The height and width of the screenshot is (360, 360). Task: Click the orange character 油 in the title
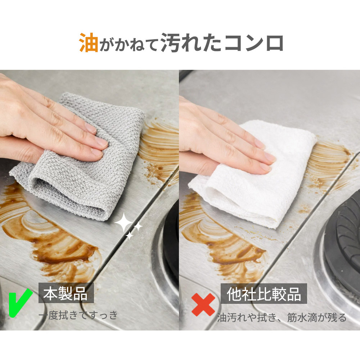click(x=89, y=42)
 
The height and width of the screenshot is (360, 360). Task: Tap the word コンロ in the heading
click(x=254, y=43)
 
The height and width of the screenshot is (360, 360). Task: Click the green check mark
click(x=20, y=303)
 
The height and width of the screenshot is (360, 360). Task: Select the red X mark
click(x=203, y=305)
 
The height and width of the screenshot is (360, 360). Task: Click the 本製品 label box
click(x=66, y=293)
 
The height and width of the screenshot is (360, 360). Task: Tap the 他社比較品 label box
click(x=264, y=294)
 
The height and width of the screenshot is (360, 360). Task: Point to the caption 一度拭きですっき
click(x=78, y=315)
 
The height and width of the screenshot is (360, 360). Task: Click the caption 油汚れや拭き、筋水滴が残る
click(x=282, y=318)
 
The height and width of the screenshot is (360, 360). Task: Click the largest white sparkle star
click(x=123, y=222)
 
